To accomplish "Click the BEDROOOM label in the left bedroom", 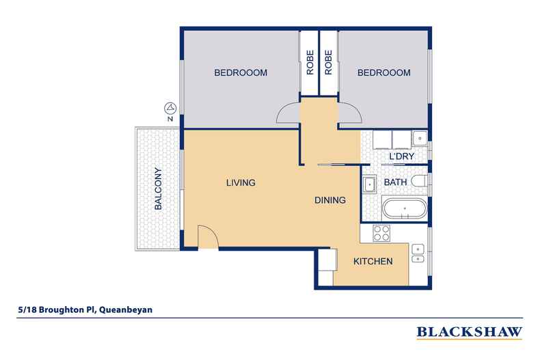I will (x=240, y=73).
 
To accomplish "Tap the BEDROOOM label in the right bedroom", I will (x=383, y=73).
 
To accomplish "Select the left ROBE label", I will (x=310, y=64).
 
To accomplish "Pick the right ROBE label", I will (x=328, y=64).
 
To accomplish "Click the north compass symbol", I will (x=170, y=108).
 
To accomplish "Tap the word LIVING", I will (x=240, y=183).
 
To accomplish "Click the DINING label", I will (x=329, y=201).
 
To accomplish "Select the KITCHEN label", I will (x=373, y=262).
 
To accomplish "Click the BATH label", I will (x=395, y=183).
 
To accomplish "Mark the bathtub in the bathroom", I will (x=403, y=208).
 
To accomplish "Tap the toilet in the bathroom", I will (x=422, y=182).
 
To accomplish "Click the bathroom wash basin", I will (x=369, y=183).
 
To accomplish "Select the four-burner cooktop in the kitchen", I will (x=380, y=233).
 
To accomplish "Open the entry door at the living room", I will (x=207, y=236).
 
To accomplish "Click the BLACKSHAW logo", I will (x=469, y=333).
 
